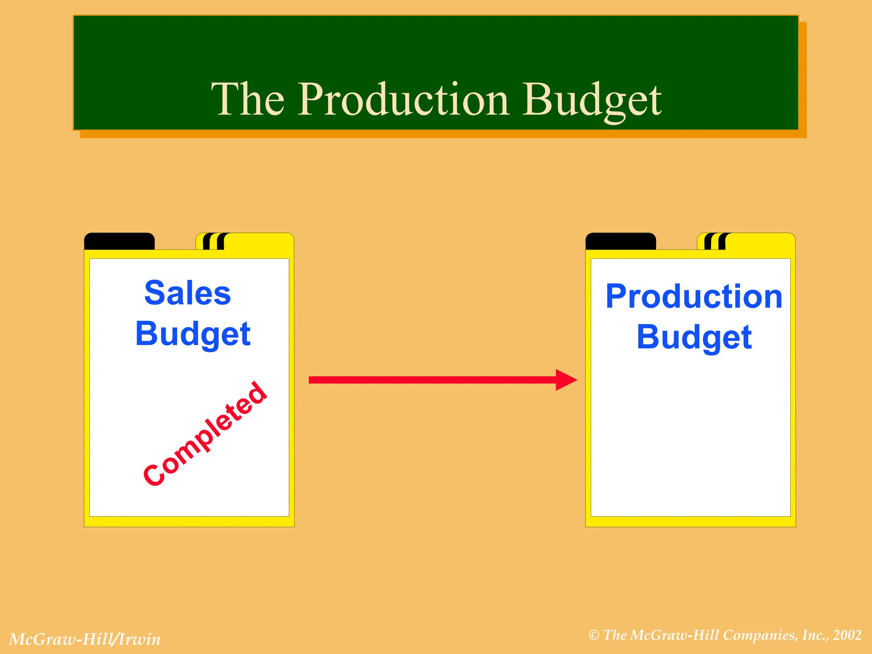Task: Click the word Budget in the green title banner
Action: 592,100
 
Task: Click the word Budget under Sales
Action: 193,334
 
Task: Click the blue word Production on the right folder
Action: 694,296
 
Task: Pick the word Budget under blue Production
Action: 694,337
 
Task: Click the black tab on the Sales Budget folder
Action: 119,241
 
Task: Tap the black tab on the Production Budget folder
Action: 620,241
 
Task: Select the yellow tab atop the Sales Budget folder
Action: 258,241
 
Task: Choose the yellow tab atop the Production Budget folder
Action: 760,241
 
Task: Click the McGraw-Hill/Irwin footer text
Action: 85,639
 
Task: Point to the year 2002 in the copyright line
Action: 847,635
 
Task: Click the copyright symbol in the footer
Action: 594,635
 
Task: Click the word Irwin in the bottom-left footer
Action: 140,639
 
